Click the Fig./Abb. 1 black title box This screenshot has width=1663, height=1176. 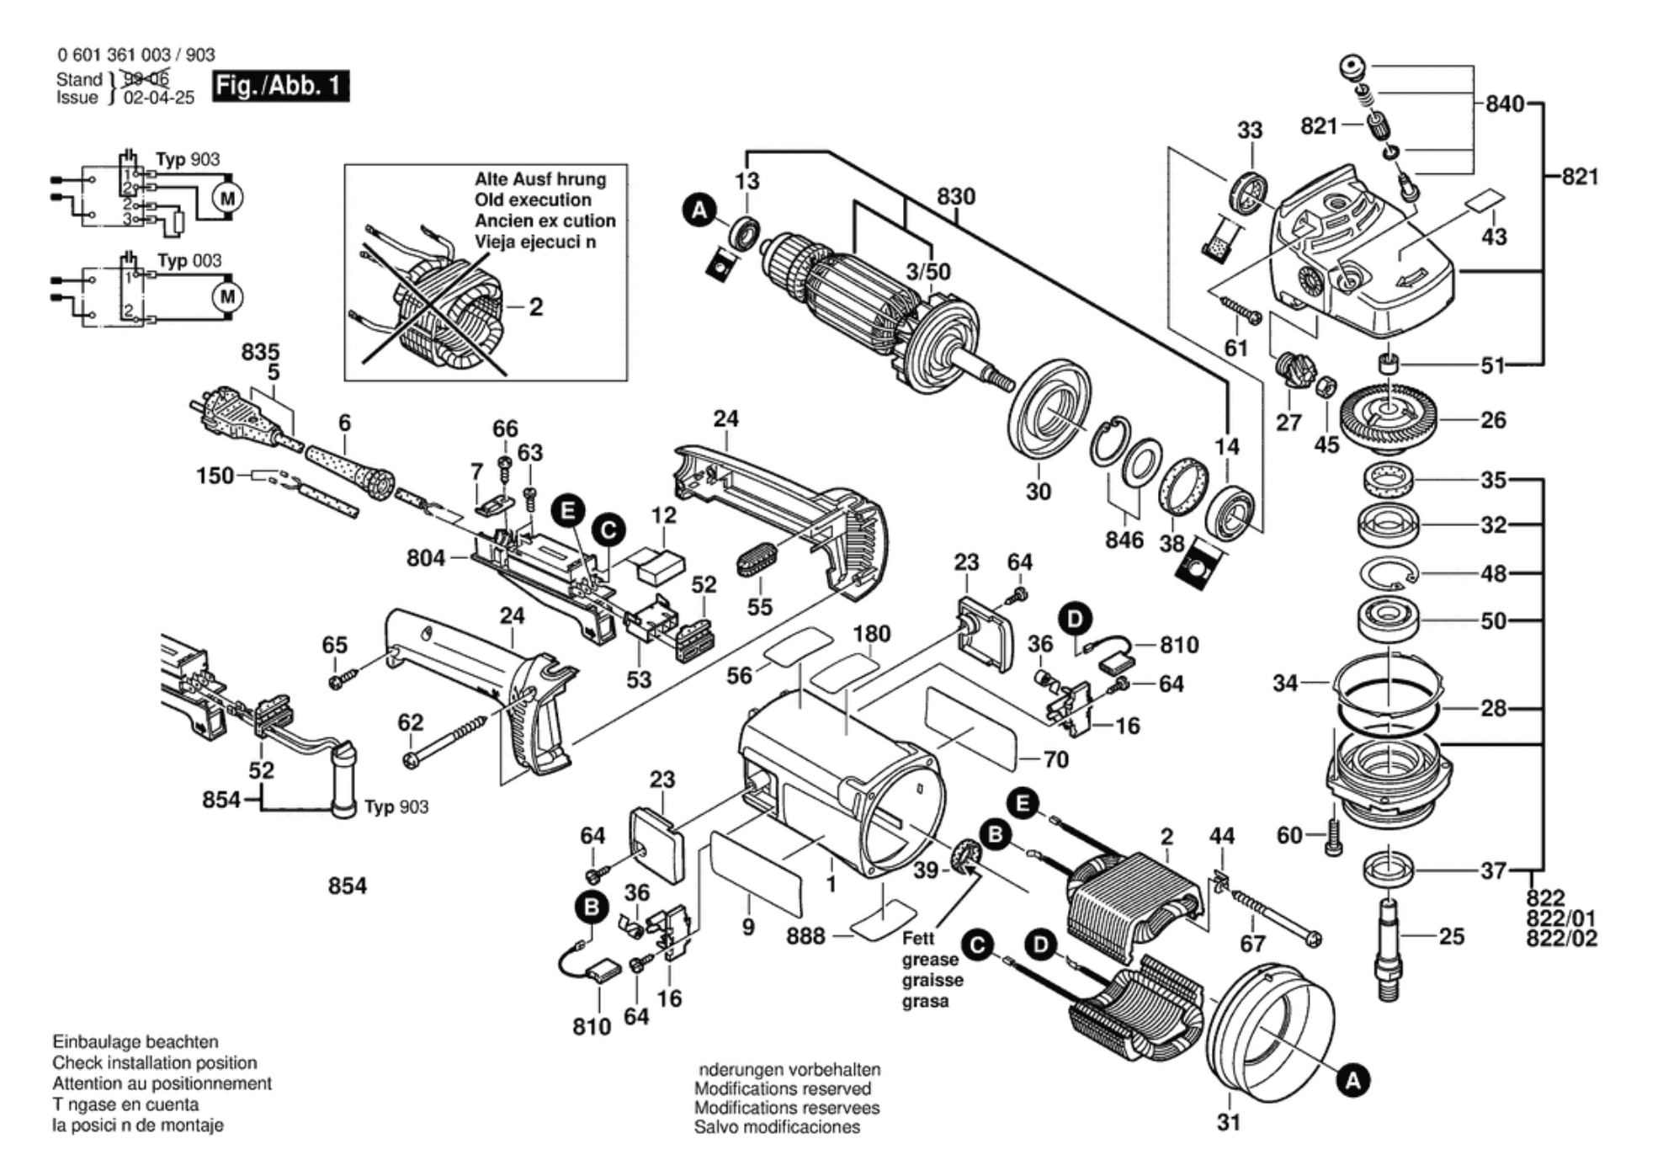pyautogui.click(x=279, y=86)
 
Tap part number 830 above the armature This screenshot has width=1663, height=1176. pyautogui.click(x=956, y=196)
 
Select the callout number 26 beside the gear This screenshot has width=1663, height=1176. pyautogui.click(x=1493, y=419)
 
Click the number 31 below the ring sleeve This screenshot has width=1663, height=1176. pyautogui.click(x=1229, y=1122)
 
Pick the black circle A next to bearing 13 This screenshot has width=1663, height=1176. pyautogui.click(x=699, y=210)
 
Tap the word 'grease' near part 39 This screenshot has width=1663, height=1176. pyautogui.click(x=930, y=960)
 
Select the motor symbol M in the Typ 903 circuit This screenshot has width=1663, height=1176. pyautogui.click(x=227, y=199)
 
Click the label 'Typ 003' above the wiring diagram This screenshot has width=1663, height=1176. pyautogui.click(x=189, y=260)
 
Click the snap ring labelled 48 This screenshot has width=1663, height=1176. pyautogui.click(x=1389, y=574)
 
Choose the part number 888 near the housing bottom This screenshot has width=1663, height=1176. pyautogui.click(x=805, y=935)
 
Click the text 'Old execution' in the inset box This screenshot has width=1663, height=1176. pyautogui.click(x=533, y=200)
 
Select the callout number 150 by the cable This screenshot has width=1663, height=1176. pyautogui.click(x=215, y=476)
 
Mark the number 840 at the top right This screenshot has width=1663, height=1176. pyautogui.click(x=1505, y=104)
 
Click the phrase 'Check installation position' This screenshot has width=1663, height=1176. pyautogui.click(x=155, y=1062)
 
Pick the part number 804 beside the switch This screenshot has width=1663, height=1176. pyautogui.click(x=426, y=557)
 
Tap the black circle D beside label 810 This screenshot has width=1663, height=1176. pyautogui.click(x=1075, y=619)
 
